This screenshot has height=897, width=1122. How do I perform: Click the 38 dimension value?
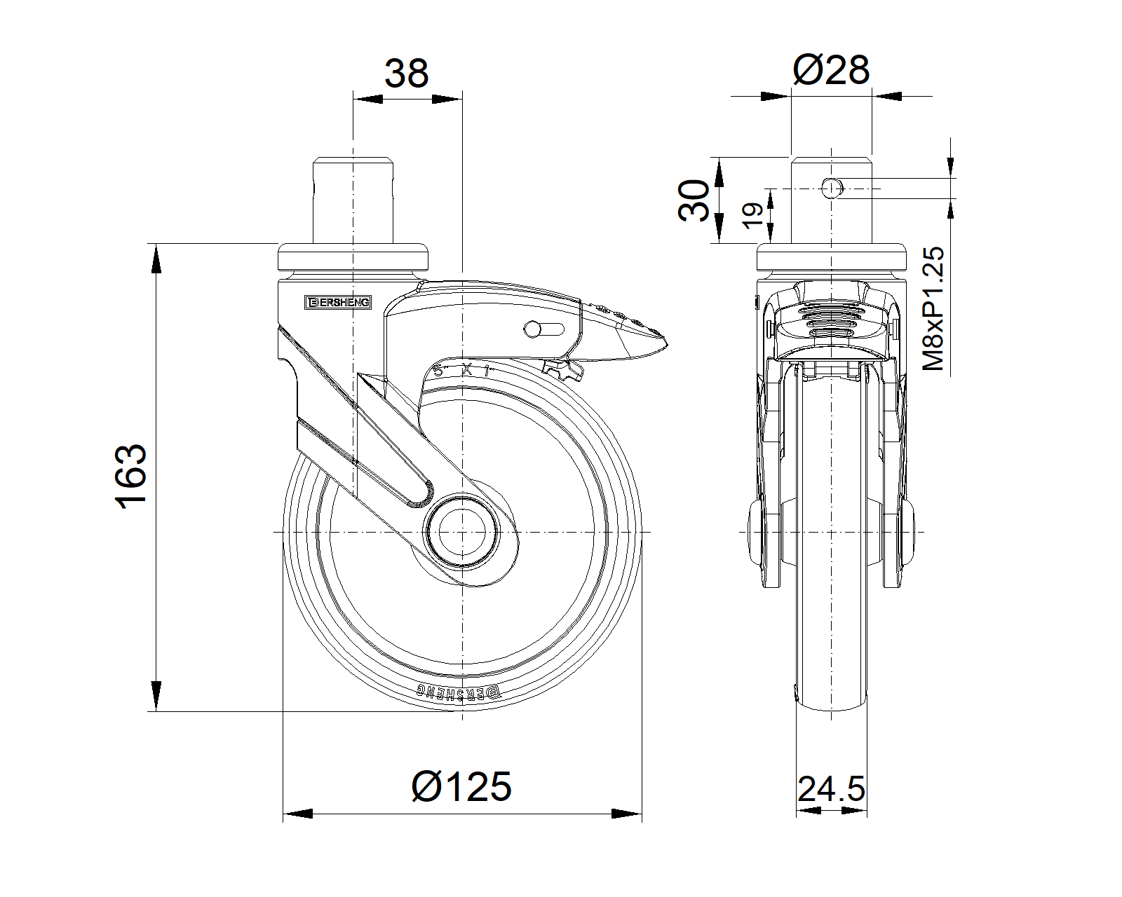[x=407, y=73]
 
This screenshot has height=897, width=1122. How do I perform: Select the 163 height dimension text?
[x=132, y=477]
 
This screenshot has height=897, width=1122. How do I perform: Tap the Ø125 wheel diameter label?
[x=462, y=786]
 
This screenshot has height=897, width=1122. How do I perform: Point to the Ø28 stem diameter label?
[x=832, y=70]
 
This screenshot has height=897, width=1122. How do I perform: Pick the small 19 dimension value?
[x=752, y=216]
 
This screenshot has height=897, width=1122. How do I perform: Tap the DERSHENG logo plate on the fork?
[x=339, y=302]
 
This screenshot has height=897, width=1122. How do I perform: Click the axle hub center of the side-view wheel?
[x=462, y=533]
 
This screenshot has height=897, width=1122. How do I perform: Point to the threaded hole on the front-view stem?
[x=831, y=188]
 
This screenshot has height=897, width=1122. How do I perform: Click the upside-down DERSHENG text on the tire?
[x=460, y=692]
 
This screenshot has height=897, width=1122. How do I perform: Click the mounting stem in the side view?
[x=353, y=200]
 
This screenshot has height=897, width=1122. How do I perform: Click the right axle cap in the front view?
[x=910, y=533]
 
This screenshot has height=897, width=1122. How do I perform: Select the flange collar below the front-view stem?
[x=832, y=259]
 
